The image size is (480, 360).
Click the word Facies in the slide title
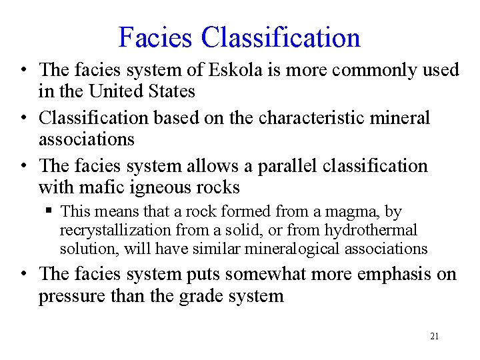pos(156,37)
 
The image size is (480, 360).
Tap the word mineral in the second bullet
pos(401,118)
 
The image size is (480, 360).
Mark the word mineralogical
pos(299,249)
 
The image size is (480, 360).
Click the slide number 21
pos(434,337)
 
